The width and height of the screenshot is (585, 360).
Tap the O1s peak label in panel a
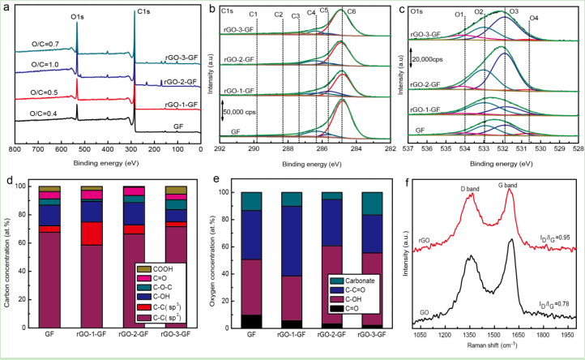[x=77, y=14]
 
